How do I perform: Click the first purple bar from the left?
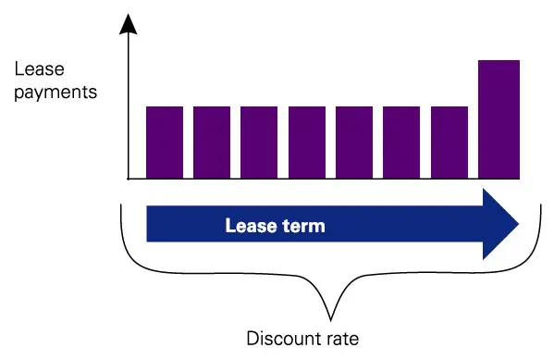pyautogui.click(x=165, y=142)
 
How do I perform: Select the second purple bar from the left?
pyautogui.click(x=212, y=142)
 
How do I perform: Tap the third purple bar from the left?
pyautogui.click(x=259, y=142)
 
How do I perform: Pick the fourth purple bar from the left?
pyautogui.click(x=307, y=142)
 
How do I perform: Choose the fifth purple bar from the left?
pyautogui.click(x=354, y=142)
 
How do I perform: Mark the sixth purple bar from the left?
pyautogui.click(x=401, y=142)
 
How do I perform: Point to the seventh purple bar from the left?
pyautogui.click(x=449, y=142)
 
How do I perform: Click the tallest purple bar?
pyautogui.click(x=498, y=118)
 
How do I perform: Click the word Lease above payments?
pyautogui.click(x=36, y=68)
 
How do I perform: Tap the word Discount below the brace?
pyautogui.click(x=279, y=338)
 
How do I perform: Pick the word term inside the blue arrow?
pyautogui.click(x=305, y=225)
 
